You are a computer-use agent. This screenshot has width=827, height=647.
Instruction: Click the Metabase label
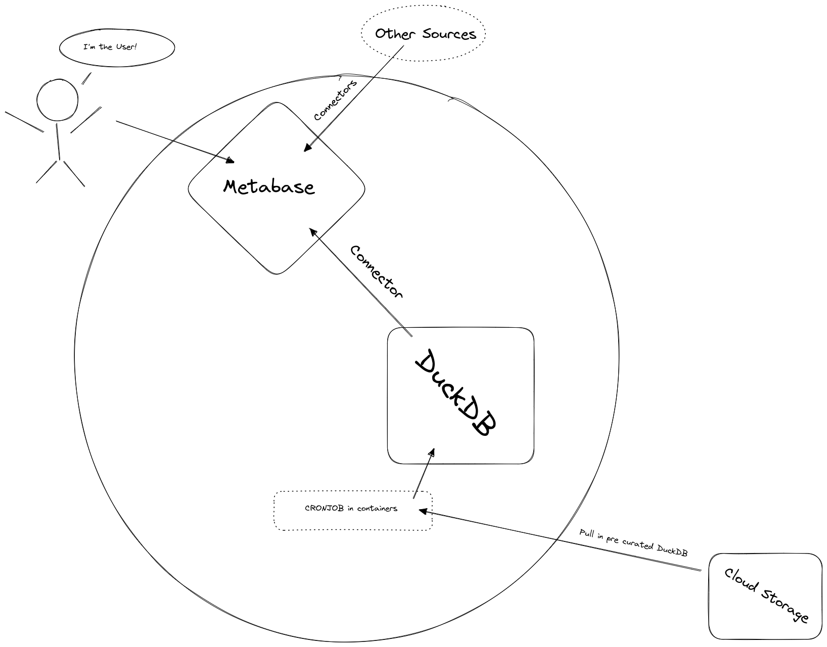[268, 187]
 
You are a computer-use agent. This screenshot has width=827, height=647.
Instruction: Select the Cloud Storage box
[765, 596]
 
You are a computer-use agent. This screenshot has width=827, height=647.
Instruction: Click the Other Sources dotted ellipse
[424, 34]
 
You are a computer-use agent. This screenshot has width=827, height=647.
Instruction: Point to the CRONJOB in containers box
[353, 510]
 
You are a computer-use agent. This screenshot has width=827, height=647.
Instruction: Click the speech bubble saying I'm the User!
[116, 47]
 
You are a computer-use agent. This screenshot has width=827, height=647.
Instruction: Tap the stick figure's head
[57, 99]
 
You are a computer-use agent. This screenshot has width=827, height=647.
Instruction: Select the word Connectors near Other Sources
[335, 100]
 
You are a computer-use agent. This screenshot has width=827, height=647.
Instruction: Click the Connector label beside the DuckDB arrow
[377, 272]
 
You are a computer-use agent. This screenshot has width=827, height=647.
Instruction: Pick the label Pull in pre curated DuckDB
[633, 543]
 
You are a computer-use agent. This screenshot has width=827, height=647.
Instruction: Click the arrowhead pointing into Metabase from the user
[231, 161]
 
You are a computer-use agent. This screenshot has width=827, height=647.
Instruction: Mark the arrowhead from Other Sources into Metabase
[306, 148]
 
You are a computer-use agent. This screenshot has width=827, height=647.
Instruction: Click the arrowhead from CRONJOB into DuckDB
[431, 453]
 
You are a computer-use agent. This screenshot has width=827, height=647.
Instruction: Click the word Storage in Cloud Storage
[783, 607]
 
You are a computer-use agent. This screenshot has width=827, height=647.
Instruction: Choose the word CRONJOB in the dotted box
[325, 509]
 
